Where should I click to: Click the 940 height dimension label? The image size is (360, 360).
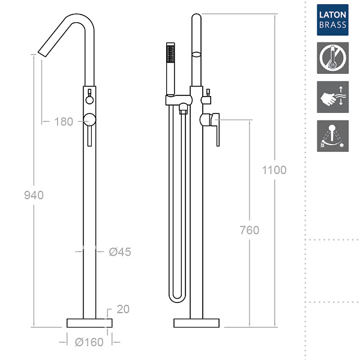[x=34, y=195]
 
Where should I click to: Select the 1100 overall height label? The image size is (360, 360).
[x=274, y=170]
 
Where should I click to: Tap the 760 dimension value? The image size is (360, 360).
[x=250, y=230]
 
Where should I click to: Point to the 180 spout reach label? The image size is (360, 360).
[x=64, y=121]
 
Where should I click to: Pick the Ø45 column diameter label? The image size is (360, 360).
[x=120, y=252]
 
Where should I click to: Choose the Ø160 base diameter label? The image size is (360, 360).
[x=89, y=343]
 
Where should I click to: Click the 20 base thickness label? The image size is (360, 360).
[x=123, y=309]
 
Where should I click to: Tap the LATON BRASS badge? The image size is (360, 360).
[x=332, y=20]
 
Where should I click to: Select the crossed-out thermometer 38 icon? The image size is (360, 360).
[x=332, y=58]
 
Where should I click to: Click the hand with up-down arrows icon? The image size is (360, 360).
[x=332, y=97]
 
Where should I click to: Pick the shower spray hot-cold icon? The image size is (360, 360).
[x=332, y=136]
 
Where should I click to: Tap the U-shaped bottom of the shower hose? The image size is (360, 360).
[x=177, y=298]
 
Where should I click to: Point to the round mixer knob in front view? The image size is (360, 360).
[x=89, y=119]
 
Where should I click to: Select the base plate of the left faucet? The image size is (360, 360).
[x=89, y=323]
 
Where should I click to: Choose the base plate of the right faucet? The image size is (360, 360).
[x=197, y=323]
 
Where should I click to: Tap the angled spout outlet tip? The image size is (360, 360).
[x=42, y=53]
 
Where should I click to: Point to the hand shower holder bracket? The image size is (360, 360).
[x=179, y=100]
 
